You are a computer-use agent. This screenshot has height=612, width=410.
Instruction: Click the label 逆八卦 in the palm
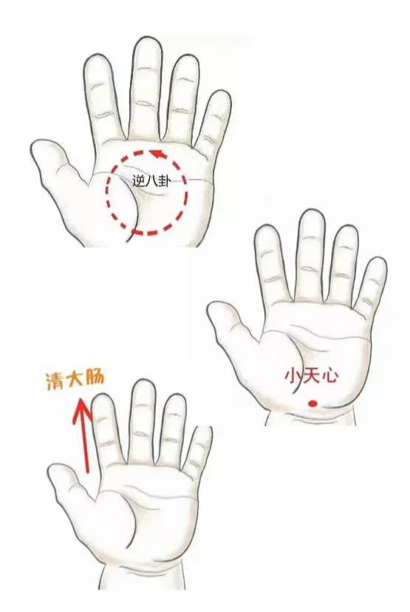coord(151,181)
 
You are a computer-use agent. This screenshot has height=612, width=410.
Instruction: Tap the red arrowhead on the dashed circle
coord(158,154)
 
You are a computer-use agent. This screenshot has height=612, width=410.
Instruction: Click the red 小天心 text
coord(311,376)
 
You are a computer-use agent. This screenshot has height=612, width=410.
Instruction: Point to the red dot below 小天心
coord(312,404)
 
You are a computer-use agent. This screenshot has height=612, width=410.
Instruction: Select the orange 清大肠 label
coord(75,380)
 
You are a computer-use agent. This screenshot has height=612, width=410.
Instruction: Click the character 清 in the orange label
coord(55,381)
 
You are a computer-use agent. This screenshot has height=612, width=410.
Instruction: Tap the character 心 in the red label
coord(329,376)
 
